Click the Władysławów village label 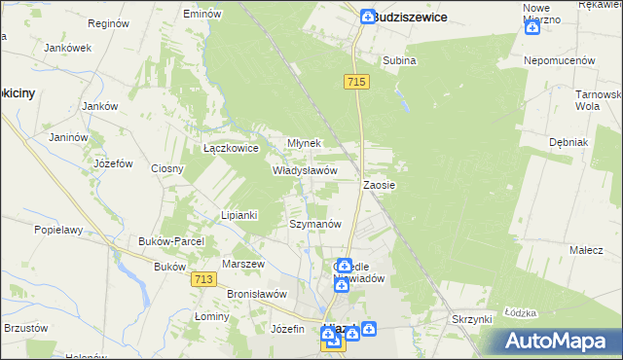pos(305,169)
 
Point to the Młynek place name pos(304,143)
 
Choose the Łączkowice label pos(230,149)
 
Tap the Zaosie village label pos(379,184)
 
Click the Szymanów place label pos(315,224)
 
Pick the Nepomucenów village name pos(560,60)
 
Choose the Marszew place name pos(243,264)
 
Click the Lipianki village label pos(238,215)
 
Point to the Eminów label pos(202,15)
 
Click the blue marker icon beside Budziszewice pos(367,17)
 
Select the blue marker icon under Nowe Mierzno pos(531,26)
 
